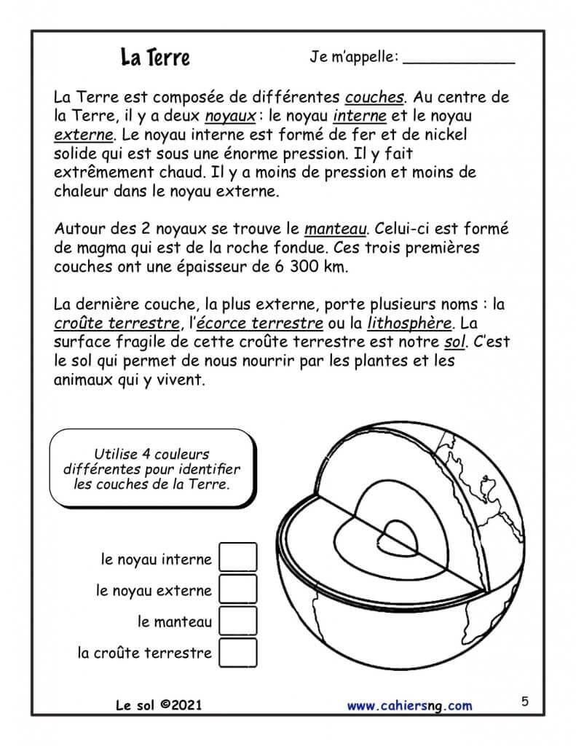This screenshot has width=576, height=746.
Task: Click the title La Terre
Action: tap(155, 58)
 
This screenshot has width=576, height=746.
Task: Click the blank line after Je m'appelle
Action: tap(458, 62)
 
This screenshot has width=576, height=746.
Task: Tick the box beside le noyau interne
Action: tap(238, 559)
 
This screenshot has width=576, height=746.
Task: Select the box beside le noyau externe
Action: tap(238, 590)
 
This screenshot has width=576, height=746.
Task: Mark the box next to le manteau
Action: tap(238, 621)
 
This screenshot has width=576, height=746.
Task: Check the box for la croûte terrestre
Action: tap(238, 653)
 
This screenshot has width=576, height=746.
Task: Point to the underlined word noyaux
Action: tap(230, 117)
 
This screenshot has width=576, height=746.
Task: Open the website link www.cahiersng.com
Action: tap(409, 705)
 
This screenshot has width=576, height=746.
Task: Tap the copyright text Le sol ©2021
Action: tap(159, 705)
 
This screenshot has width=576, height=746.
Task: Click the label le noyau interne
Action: tap(157, 559)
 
